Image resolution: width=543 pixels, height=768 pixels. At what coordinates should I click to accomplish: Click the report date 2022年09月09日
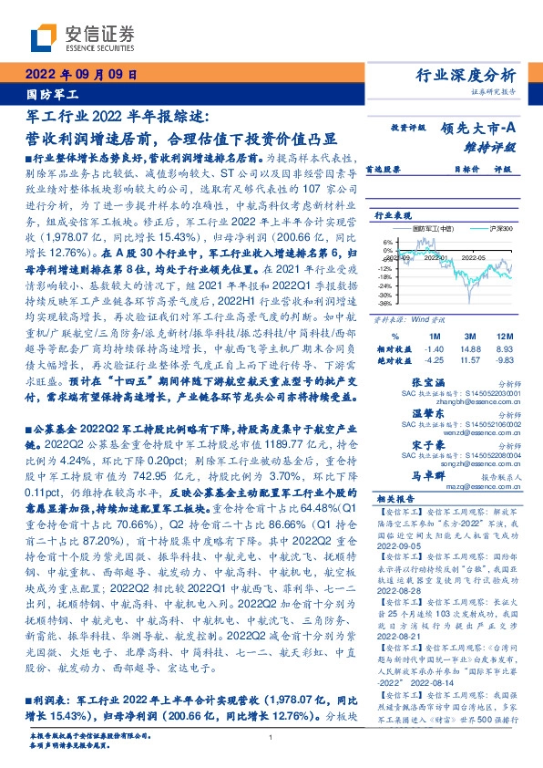[x=81, y=75]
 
